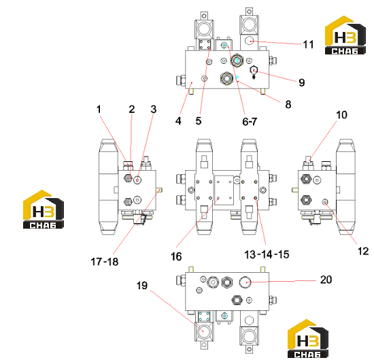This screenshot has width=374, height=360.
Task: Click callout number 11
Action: (x=308, y=44)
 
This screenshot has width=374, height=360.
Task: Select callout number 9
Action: (x=302, y=82)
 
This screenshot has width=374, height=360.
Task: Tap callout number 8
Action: (x=288, y=104)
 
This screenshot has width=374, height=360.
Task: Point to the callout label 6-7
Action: (x=250, y=122)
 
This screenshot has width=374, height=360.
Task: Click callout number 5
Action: (x=199, y=121)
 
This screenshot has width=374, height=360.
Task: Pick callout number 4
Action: (x=178, y=121)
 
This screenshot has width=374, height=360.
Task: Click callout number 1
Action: (x=99, y=110)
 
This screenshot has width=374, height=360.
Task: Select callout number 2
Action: (x=132, y=110)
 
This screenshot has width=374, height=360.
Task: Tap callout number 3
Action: (x=154, y=110)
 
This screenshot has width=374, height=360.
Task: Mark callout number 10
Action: (x=341, y=115)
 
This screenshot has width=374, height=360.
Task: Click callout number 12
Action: (x=363, y=251)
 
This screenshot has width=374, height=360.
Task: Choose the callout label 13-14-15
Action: (x=267, y=255)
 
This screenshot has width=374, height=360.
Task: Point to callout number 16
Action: (x=176, y=257)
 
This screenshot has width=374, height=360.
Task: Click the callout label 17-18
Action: (x=105, y=261)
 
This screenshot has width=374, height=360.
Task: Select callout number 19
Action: (x=142, y=286)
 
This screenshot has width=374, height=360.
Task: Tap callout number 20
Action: (x=326, y=280)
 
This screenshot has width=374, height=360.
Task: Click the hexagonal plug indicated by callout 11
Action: (x=249, y=41)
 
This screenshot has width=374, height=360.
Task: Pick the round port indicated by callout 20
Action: (x=245, y=282)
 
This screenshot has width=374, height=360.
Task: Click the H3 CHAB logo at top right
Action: (x=345, y=35)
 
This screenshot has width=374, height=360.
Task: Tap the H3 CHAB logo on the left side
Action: (x=44, y=210)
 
